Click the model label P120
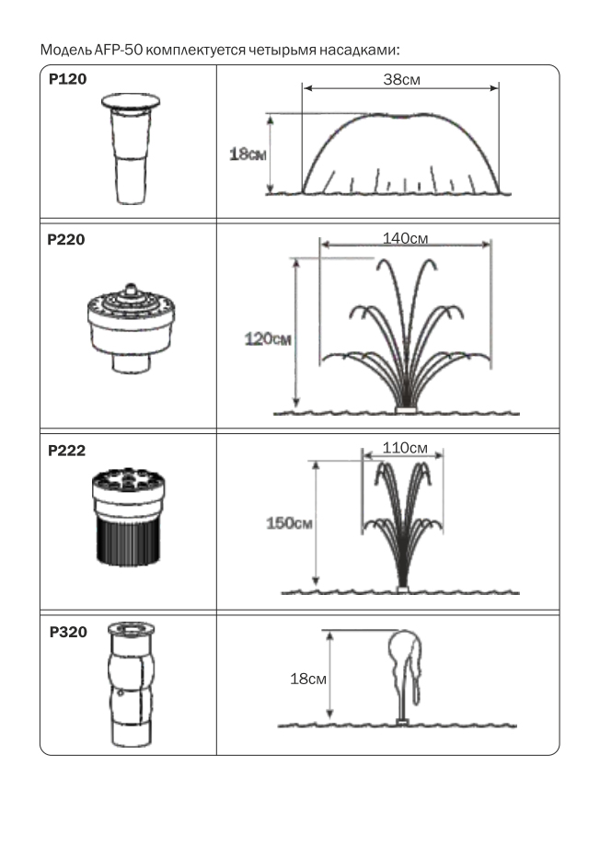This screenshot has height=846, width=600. point(67,79)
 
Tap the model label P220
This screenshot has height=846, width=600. point(66,240)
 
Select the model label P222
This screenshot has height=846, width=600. point(66,451)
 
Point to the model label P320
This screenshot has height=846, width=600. point(68,632)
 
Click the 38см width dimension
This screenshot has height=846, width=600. point(401,79)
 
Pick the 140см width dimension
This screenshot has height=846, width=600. point(405,238)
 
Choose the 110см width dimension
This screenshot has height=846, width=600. point(405,448)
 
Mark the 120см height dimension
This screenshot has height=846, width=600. point(268,338)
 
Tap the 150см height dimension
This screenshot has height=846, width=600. point(290,523)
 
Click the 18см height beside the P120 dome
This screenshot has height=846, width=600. point(248,154)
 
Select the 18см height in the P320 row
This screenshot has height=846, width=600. point(308,679)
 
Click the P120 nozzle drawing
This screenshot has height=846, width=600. point(131,148)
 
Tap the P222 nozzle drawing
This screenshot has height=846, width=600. point(129,518)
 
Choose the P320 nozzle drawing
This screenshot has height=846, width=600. point(131,684)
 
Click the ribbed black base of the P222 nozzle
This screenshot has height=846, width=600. point(129,542)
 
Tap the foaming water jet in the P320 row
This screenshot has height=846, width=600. point(405,674)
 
